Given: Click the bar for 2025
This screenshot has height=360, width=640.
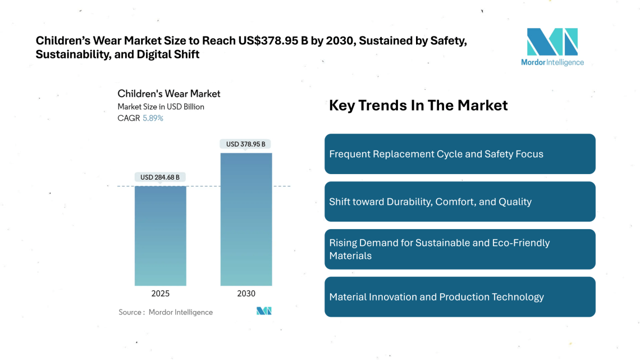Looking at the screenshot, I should click(x=161, y=235).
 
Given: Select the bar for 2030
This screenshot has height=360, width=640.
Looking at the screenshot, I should click(x=246, y=219).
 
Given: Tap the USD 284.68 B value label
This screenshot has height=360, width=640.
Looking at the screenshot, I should click(x=160, y=177).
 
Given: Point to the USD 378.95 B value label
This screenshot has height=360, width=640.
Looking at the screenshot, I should click(x=246, y=144).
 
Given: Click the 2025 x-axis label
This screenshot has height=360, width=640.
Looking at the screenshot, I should click(x=161, y=294).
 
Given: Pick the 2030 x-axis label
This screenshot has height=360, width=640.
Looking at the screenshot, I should click(x=246, y=294).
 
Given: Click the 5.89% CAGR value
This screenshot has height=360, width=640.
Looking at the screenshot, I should click(x=153, y=119).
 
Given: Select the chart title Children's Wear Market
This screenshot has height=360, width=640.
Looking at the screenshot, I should click(x=169, y=94).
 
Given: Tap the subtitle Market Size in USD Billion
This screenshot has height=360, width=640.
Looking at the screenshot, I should click(x=161, y=107).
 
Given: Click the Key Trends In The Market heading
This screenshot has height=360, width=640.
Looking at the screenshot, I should click(x=418, y=106).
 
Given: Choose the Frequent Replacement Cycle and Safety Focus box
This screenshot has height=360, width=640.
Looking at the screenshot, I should click(x=460, y=154).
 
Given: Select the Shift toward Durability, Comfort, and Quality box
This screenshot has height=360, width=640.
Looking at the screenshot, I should click(x=460, y=202).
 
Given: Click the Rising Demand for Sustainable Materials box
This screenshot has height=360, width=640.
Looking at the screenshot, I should click(x=460, y=249).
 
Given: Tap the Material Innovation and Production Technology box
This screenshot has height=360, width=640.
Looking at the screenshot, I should click(x=460, y=297).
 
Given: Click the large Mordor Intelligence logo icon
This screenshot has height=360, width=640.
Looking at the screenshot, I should click(x=552, y=42).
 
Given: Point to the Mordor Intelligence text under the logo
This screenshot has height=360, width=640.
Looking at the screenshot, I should click(x=552, y=62).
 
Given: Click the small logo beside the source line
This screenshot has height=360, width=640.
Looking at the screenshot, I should click(x=264, y=311).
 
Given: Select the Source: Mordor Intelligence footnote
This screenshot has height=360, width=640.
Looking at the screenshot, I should click(x=166, y=312).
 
